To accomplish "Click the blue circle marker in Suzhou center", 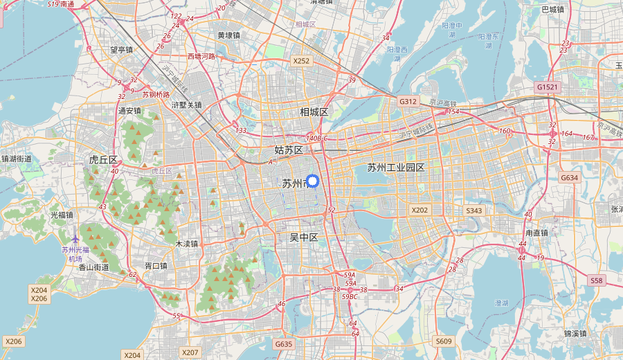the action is [x=311, y=181].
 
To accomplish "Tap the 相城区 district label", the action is [x=314, y=112].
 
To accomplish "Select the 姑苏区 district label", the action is [x=289, y=150].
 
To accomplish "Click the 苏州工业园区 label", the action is [x=395, y=168].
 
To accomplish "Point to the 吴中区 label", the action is [x=303, y=237].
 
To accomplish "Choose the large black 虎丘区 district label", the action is [x=103, y=160].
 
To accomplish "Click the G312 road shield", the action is [x=408, y=101].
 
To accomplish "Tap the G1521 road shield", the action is [x=547, y=87].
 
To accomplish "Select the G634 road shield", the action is [x=569, y=178].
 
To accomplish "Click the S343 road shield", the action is [x=473, y=210].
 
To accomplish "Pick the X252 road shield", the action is [x=301, y=61].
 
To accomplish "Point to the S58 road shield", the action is [x=597, y=280].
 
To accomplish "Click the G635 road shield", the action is [x=284, y=344].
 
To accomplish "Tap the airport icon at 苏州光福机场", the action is [x=75, y=240].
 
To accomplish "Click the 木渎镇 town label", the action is [x=186, y=244].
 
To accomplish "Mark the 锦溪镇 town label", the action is [x=575, y=333].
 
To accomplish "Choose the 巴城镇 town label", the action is [x=552, y=10].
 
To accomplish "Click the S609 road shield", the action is [x=444, y=341].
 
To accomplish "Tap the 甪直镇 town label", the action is [x=536, y=233].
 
